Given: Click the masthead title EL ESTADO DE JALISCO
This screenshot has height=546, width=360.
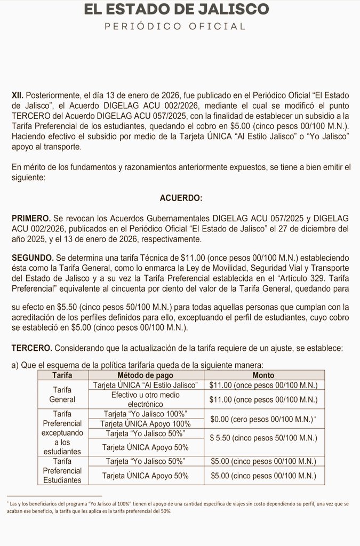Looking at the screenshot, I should click(x=180, y=9).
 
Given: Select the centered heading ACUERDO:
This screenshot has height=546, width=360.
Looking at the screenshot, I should click(x=181, y=198).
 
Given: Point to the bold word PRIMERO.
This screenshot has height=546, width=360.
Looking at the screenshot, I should click(x=31, y=219).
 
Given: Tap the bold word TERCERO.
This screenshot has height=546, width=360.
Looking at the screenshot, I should click(x=32, y=348).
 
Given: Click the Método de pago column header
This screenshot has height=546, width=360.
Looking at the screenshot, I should click(x=146, y=375).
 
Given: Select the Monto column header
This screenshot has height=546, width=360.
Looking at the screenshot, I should click(x=263, y=375).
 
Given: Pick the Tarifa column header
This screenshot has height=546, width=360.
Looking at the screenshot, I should click(x=62, y=375).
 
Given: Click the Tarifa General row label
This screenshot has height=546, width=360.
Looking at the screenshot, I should click(x=62, y=394).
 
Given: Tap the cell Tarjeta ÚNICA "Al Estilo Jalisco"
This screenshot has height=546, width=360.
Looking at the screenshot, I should click(x=146, y=385).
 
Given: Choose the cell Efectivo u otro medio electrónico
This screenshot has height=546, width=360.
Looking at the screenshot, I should click(x=146, y=399).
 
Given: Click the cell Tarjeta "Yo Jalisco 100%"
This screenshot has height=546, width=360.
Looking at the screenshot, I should click(x=146, y=414).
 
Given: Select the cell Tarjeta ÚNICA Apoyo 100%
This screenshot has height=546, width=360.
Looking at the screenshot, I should click(x=146, y=423).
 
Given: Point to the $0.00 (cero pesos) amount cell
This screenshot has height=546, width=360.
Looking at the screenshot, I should click(x=263, y=419).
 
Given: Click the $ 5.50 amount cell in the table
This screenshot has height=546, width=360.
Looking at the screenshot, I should click(x=263, y=438).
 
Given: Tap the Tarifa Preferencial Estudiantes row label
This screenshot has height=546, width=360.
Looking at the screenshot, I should click(x=62, y=470).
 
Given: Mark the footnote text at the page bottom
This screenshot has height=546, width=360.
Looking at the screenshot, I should click(x=179, y=507).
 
